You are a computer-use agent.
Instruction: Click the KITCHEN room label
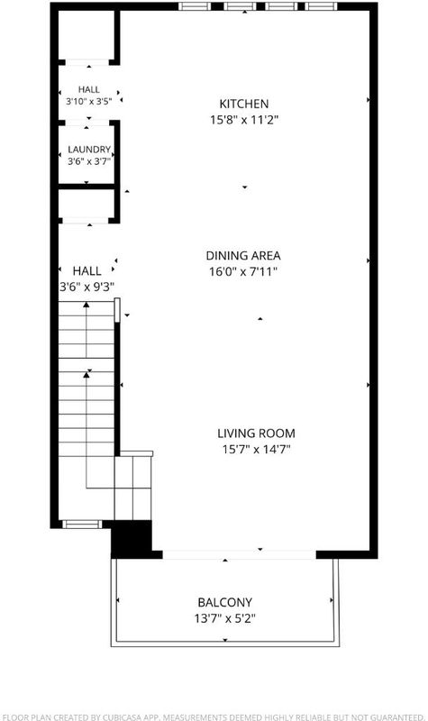[243, 104]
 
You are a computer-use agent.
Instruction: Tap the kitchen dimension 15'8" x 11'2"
[244, 121]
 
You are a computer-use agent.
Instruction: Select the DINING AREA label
[243, 256]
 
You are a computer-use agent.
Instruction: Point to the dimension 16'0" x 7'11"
[243, 272]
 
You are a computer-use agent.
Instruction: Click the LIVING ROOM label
[256, 434]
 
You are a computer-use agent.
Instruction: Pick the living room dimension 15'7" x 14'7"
[257, 449]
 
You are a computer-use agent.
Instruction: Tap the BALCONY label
[224, 602]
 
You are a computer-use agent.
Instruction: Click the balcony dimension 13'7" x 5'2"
[224, 618]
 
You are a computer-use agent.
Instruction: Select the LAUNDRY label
[89, 150]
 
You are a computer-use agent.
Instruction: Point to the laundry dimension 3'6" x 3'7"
[89, 161]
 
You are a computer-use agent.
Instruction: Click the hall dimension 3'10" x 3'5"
[88, 102]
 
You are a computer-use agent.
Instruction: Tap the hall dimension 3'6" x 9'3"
[87, 287]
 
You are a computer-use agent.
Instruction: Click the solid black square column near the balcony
[132, 539]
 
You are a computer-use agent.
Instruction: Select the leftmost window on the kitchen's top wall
[195, 6]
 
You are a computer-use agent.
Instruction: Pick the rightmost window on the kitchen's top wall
[321, 6]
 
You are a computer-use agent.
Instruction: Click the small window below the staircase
[82, 525]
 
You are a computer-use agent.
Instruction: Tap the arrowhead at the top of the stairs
[86, 305]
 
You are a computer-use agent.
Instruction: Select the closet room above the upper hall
[87, 34]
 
